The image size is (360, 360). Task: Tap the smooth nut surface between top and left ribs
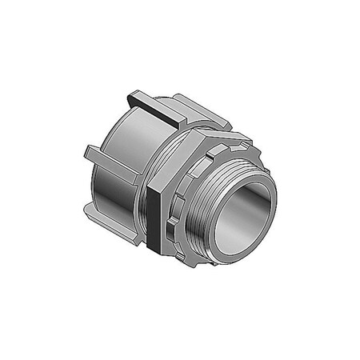click(x=120, y=128)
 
